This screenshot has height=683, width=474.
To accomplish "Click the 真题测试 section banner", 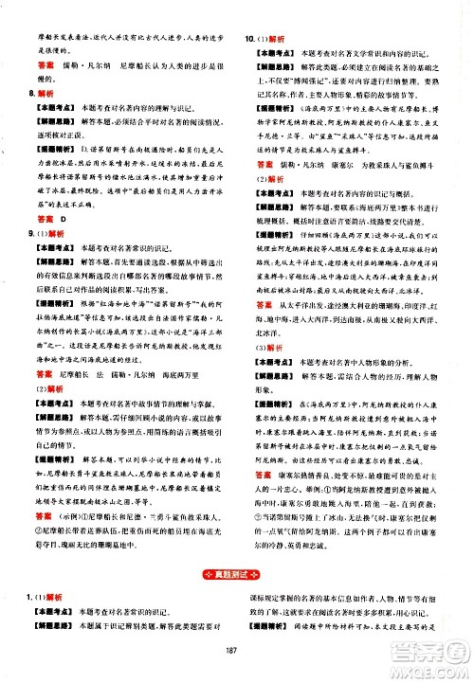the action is tap(236, 578).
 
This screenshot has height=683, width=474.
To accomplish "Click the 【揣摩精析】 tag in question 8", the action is tap(56, 148).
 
